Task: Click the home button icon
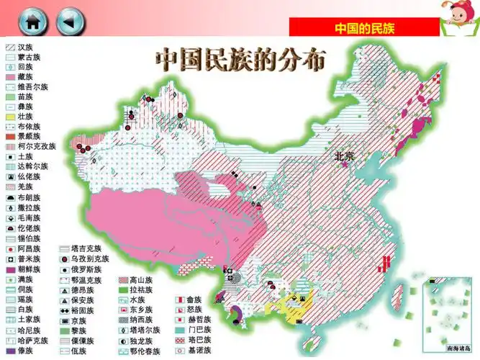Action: tap(33, 22)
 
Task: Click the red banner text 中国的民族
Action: tap(364, 28)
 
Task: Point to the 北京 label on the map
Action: tap(344, 156)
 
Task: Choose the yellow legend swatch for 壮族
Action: tap(10, 116)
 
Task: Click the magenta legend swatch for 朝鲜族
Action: tap(10, 269)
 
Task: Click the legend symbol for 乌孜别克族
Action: tap(65, 258)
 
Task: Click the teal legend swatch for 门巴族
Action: tap(180, 329)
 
